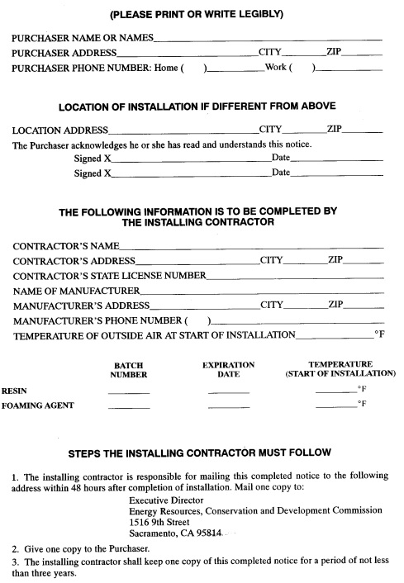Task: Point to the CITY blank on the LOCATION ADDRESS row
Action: [305, 130]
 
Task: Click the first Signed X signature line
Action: [190, 159]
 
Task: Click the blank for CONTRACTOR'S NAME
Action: [252, 245]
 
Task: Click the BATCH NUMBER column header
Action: [129, 369]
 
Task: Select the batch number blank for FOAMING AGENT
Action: [129, 406]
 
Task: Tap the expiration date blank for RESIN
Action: [229, 391]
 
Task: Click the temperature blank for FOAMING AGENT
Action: [336, 406]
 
